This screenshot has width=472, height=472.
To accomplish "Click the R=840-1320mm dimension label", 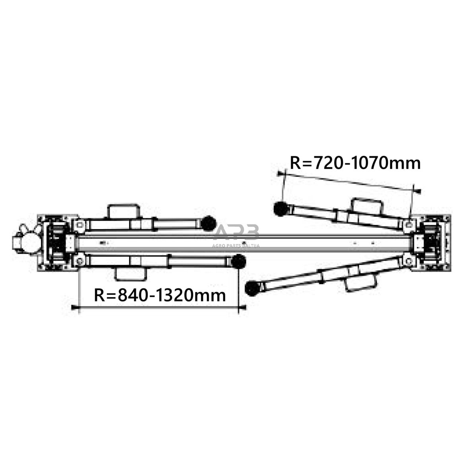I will pyautogui.click(x=160, y=295).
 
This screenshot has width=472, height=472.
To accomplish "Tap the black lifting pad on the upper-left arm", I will pyautogui.click(x=208, y=223).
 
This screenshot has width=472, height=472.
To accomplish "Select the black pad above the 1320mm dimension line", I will pyautogui.click(x=238, y=261).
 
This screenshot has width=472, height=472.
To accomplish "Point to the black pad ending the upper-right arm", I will pyautogui.click(x=280, y=209).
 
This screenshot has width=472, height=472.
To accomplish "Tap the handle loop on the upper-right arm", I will pyautogui.click(x=366, y=206).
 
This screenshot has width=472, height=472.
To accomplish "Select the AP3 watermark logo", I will pyautogui.click(x=236, y=233).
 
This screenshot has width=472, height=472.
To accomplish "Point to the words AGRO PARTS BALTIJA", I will pyautogui.click(x=236, y=246).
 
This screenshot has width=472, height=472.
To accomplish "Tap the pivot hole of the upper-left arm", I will pyautogui.click(x=79, y=225).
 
